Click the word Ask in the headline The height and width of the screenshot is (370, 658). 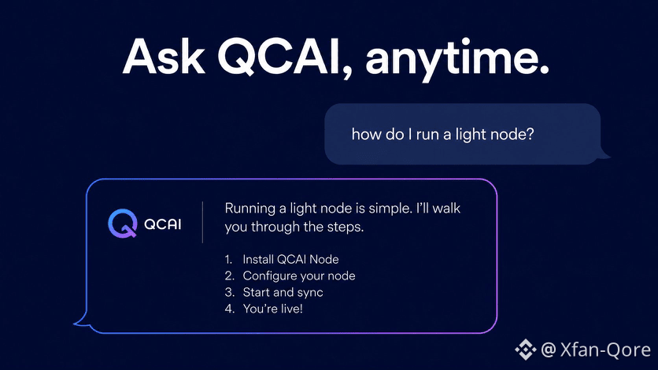[164, 57]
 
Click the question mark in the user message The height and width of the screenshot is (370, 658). [530, 134]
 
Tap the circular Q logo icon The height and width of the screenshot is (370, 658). [123, 223]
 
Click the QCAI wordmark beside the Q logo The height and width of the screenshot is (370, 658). [162, 224]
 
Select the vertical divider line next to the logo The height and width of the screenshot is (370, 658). [203, 222]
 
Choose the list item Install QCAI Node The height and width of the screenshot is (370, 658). [290, 259]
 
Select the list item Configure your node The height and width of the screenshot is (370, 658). [299, 276]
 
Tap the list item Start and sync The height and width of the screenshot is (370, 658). [283, 292]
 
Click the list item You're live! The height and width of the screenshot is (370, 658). [273, 309]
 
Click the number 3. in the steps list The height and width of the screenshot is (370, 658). [229, 292]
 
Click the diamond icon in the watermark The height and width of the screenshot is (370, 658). [526, 349]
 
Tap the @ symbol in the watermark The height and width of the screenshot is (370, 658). [549, 350]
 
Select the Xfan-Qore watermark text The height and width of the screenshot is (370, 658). [605, 350]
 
